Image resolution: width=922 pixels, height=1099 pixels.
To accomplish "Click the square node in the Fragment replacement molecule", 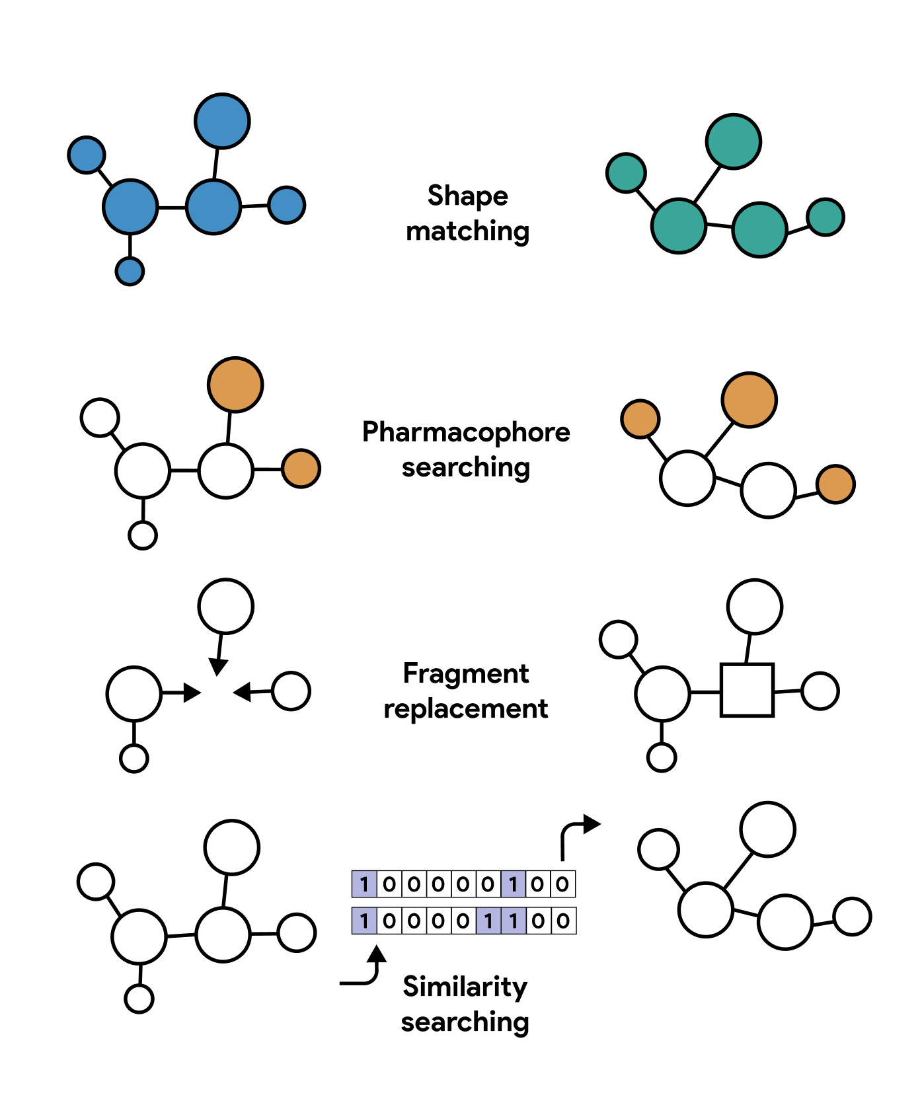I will pos(747,690).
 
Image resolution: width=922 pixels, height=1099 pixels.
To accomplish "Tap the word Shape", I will pos(467,196).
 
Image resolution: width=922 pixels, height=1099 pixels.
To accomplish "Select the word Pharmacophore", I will pos(466,432).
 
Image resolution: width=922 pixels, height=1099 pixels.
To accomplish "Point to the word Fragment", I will pos(466,674).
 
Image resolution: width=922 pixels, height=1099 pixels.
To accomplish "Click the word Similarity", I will pos(465,987).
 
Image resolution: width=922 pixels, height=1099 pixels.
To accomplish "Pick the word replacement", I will pos(466,709).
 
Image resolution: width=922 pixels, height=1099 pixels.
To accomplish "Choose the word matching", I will pos(467,231).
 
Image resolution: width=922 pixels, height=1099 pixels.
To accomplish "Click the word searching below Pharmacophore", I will pos(466,468).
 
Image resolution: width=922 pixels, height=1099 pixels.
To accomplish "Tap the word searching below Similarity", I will pos(465,1022).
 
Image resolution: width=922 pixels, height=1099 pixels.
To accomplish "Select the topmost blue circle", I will pos(222,121).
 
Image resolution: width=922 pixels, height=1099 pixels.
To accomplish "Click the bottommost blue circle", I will pos(130,271).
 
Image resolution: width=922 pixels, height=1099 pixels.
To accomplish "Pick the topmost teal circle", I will pos(734,141).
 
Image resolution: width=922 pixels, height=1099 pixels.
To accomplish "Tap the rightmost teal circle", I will pos(826,217).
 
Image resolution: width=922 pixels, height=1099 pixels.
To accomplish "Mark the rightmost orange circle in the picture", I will pos(835,484).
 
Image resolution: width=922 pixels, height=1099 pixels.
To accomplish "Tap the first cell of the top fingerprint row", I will pos(364,884).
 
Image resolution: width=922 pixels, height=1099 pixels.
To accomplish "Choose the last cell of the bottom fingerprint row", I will pos(563,921).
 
